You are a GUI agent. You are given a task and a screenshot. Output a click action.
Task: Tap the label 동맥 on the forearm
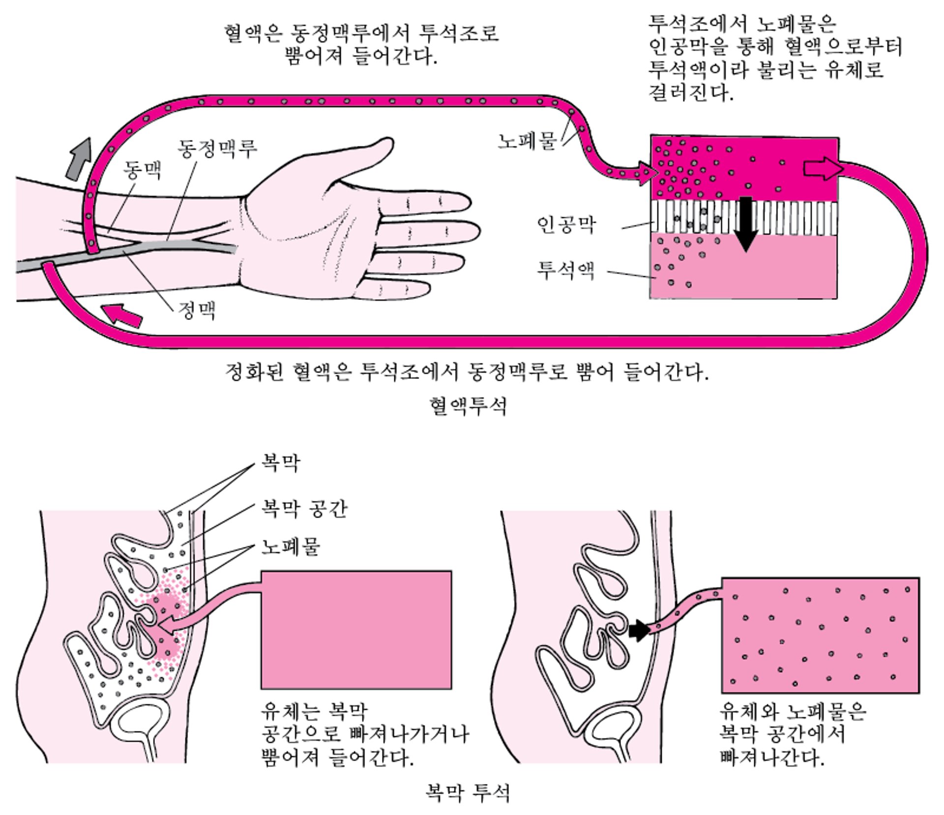click(142, 171)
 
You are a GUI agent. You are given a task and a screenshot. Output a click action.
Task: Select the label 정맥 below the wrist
click(197, 310)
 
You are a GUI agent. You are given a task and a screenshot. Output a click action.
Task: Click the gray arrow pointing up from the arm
click(79, 158)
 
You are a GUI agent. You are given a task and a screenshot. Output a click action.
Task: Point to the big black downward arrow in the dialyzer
click(746, 224)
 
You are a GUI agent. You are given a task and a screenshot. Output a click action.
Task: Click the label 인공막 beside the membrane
click(566, 225)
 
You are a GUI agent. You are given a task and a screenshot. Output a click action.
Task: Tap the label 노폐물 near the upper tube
click(527, 141)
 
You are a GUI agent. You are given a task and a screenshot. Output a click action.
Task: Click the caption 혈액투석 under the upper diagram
click(467, 406)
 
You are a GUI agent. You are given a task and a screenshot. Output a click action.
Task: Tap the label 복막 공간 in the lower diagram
click(304, 508)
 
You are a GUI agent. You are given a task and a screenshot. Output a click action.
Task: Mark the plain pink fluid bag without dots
click(356, 629)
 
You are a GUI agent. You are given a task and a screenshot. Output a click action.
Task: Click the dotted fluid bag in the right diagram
click(820, 635)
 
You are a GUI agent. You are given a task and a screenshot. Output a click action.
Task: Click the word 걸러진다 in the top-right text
click(690, 92)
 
